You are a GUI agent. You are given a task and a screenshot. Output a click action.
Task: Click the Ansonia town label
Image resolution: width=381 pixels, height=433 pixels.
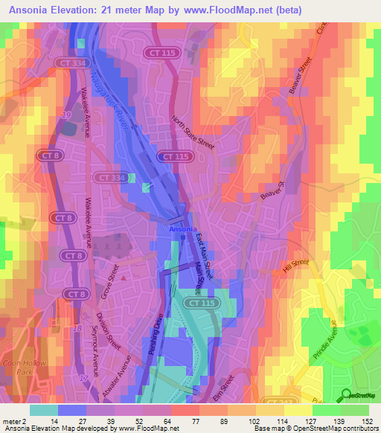183,229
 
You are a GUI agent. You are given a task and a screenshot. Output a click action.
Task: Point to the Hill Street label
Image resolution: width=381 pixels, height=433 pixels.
295,266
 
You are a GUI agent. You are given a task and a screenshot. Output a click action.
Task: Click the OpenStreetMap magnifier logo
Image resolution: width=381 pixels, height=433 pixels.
345,394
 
